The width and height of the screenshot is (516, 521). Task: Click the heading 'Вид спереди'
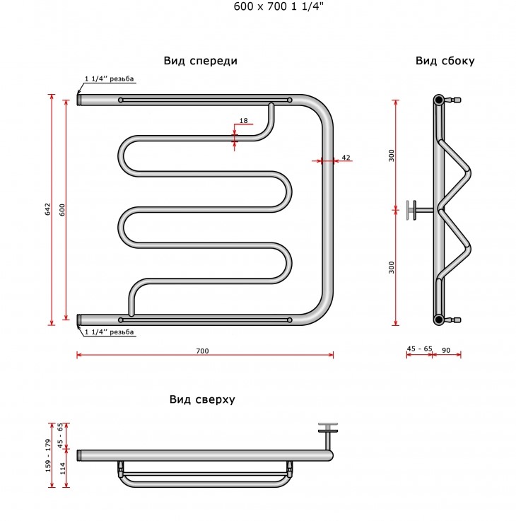coord(200,61)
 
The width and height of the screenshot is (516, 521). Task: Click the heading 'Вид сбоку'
coord(445,61)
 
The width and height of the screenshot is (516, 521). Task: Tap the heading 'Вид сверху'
coord(202,399)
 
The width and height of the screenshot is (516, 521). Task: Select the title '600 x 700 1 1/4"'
coord(278,6)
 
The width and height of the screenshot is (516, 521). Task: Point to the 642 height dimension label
coord(48,209)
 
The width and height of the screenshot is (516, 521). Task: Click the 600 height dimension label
coord(62,210)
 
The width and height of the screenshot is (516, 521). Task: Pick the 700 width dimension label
coord(202,351)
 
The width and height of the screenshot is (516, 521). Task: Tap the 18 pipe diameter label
coord(244,121)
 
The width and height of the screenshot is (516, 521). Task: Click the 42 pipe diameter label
coord(346,158)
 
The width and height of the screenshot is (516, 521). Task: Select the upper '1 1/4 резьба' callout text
coord(109,78)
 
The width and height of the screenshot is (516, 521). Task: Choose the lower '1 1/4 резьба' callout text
coord(109,332)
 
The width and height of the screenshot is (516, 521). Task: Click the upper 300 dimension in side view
coord(392,156)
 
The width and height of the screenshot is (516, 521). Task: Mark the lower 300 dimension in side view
coord(392,267)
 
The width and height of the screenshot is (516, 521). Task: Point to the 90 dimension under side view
coord(446,350)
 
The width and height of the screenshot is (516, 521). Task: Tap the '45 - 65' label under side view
coord(420,349)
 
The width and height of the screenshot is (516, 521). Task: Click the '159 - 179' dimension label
coord(48,455)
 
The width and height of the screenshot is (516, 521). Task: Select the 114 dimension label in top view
coord(62,468)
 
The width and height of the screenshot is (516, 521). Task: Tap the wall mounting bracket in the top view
coord(328,436)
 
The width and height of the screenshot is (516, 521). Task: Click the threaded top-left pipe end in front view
coord(80,100)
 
